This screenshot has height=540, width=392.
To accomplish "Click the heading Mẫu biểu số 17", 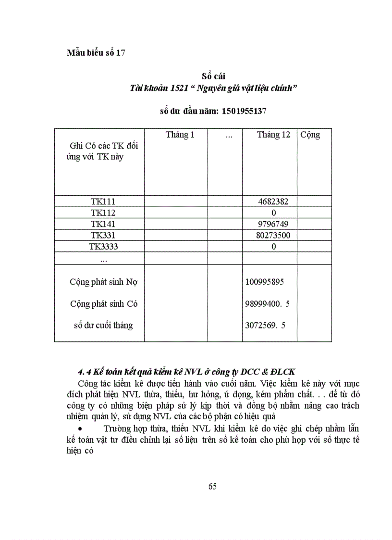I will coord(96,53).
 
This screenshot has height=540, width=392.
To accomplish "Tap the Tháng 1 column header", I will coord(180,135).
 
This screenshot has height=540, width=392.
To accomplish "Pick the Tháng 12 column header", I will coord(273,135).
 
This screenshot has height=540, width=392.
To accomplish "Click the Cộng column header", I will coord(310,135).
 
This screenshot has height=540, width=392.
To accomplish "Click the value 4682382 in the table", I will coord(272,201).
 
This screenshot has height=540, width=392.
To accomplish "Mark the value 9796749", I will coord(272,224).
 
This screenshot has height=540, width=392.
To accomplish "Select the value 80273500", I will coord(273,235).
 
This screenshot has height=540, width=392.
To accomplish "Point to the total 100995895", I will coord(265,282).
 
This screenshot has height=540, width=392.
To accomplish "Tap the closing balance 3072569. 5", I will coord(265,326).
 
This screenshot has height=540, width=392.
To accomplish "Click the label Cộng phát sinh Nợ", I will coord(103,282).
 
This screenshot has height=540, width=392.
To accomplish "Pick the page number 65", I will coord(212,486).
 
